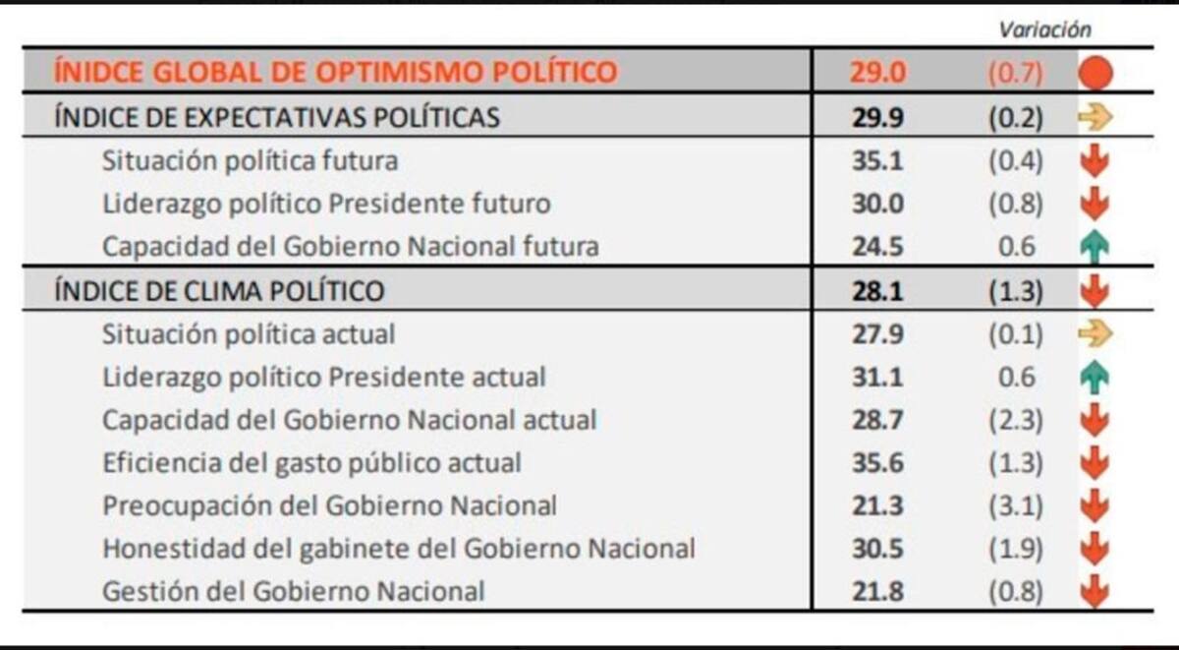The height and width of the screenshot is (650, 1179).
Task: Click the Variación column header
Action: click(x=1044, y=30)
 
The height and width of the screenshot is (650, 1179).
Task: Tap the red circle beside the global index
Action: click(x=1095, y=73)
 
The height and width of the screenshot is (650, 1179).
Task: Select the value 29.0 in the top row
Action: click(x=877, y=73)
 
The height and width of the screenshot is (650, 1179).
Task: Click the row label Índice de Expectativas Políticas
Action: click(x=277, y=117)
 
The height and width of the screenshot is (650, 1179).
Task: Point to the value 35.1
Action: click(x=877, y=160)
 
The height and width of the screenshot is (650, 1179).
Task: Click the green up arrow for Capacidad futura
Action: click(x=1095, y=247)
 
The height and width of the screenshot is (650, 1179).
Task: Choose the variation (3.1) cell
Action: click(x=1015, y=506)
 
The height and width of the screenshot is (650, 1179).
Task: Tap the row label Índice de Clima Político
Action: click(x=219, y=291)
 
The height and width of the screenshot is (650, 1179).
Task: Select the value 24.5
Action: click(x=877, y=247)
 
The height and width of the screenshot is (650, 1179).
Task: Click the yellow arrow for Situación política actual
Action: click(x=1095, y=334)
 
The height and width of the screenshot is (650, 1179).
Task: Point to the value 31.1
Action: click(x=877, y=377)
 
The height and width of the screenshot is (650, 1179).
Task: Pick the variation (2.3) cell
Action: click(x=1015, y=420)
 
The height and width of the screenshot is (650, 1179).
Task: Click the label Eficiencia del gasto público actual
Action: click(x=311, y=463)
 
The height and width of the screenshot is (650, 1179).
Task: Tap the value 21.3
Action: click(x=877, y=506)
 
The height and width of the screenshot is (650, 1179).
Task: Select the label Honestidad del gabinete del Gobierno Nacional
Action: click(x=399, y=549)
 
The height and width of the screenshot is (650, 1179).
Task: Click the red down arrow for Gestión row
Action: click(x=1095, y=592)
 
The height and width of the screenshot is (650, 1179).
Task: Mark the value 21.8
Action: click(x=877, y=592)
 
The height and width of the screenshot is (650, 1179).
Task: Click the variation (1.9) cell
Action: click(x=1015, y=549)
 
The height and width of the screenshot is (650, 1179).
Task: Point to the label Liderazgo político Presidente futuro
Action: click(x=326, y=204)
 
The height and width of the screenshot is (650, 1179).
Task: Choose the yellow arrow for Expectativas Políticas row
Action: click(x=1095, y=117)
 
